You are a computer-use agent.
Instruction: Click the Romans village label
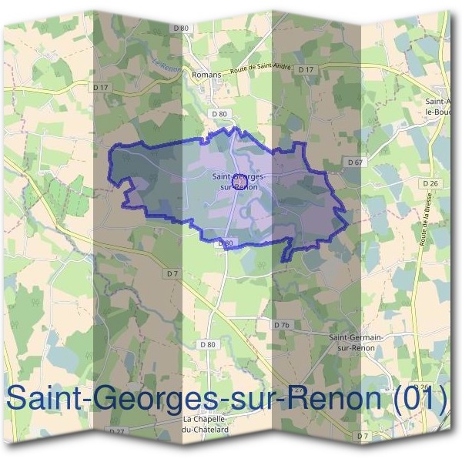[206, 74]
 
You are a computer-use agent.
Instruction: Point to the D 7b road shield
[283, 325]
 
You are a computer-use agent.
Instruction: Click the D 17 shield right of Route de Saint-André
[306, 70]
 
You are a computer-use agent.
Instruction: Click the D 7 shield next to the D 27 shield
[363, 437]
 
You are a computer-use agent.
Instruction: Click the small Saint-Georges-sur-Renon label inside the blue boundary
[237, 182]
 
